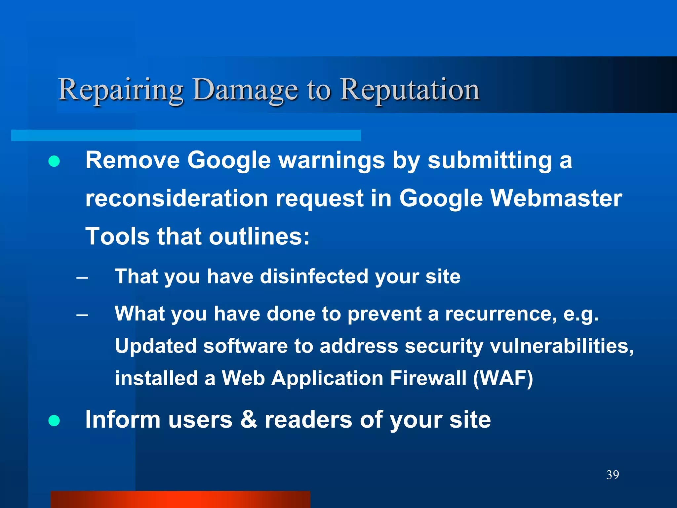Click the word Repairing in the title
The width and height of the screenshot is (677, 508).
(x=121, y=90)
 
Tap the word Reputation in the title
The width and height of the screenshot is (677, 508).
(x=410, y=90)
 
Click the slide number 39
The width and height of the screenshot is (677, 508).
(x=613, y=475)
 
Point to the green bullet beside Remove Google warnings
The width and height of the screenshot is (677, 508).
(x=54, y=162)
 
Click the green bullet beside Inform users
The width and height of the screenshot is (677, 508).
(x=54, y=421)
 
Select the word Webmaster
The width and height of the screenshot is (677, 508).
(x=556, y=198)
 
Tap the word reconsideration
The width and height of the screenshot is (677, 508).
(x=177, y=198)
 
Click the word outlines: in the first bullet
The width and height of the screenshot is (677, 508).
(x=259, y=236)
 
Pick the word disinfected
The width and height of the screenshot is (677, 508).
(x=314, y=276)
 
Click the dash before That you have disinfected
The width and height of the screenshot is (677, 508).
(x=82, y=277)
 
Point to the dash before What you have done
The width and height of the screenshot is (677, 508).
(x=82, y=314)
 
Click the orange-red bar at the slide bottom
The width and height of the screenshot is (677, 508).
(x=180, y=499)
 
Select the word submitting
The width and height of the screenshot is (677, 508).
(x=490, y=161)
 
